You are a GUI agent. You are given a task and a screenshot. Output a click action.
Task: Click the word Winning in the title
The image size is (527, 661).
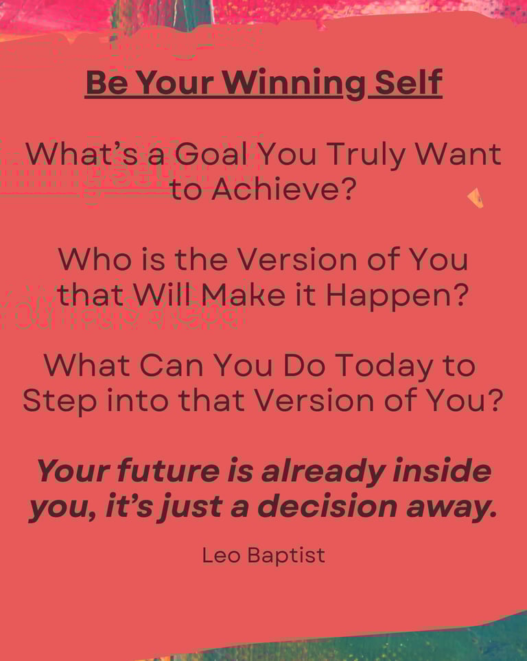(x=294, y=83)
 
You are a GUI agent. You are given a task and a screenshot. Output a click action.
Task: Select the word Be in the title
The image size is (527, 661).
(x=107, y=82)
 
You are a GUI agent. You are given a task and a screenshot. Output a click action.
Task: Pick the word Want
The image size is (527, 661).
(x=458, y=154)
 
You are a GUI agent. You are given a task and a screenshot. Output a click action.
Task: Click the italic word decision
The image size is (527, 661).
(x=327, y=506)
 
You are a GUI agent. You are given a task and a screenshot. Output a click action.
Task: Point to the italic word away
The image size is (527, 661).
(x=452, y=508)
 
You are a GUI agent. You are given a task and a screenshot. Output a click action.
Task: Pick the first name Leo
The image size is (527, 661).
(x=222, y=555)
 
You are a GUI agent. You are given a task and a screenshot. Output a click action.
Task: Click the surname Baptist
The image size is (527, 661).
(x=287, y=556)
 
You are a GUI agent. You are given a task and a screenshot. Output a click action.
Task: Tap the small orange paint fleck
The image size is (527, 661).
(x=476, y=197)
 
